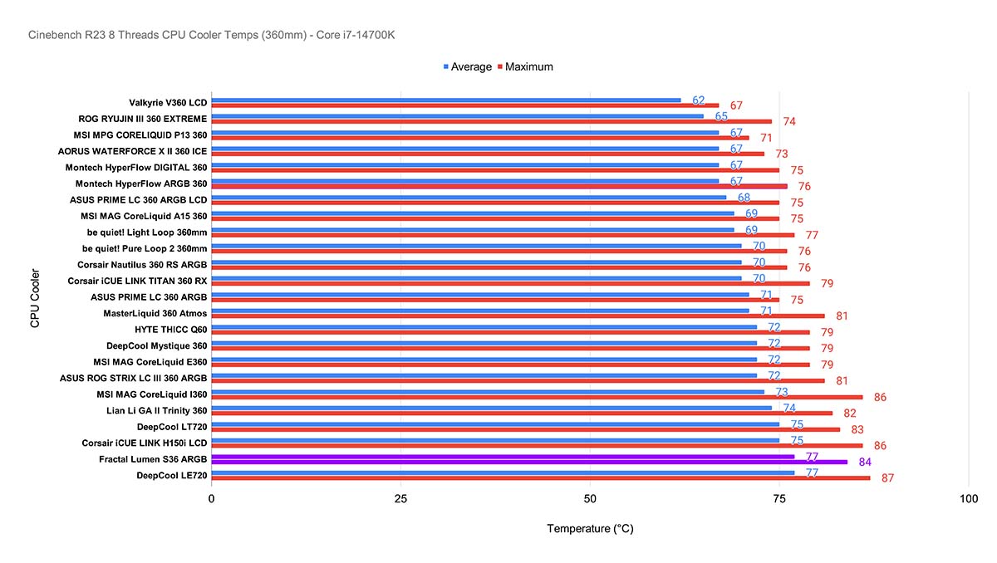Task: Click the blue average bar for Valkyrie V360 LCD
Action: [x=445, y=100]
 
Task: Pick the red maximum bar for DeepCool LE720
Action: [x=540, y=478]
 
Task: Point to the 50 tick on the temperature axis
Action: [x=590, y=499]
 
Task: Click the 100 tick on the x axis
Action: [x=968, y=499]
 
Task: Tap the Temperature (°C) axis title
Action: [x=590, y=529]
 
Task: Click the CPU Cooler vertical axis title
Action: [x=35, y=297]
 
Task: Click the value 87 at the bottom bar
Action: [x=886, y=478]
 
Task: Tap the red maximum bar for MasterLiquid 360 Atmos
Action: [x=518, y=316]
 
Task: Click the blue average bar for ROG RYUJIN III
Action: [x=457, y=116]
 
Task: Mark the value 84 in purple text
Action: [x=865, y=463]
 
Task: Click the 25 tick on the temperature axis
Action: [x=400, y=499]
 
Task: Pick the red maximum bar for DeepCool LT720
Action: [x=525, y=430]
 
